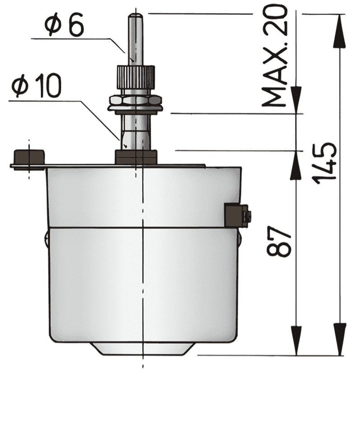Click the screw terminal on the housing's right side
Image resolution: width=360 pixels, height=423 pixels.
click(237, 216)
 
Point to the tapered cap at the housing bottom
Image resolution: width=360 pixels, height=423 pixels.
click(143, 348)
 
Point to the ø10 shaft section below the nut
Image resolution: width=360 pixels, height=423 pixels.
click(135, 131)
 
